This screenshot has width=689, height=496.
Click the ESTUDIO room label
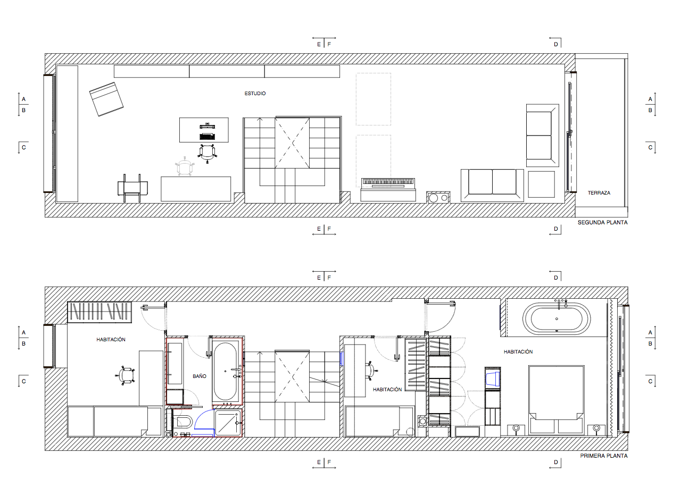[x=255, y=94]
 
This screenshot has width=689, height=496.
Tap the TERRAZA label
[x=599, y=193]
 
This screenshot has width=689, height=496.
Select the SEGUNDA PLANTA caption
[x=603, y=223]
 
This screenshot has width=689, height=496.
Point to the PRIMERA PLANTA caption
[x=604, y=456]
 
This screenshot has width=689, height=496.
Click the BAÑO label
[x=200, y=376]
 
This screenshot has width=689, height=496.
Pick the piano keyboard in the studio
[x=388, y=183]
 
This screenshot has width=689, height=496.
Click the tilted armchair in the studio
[x=106, y=99]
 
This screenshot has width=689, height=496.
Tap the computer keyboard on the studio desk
[x=207, y=137]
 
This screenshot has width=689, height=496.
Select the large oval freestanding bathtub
[x=557, y=319]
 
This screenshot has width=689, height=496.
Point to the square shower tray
[x=228, y=423]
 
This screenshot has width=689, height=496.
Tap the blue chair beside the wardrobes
[x=493, y=379]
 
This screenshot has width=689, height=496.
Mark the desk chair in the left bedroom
[x=125, y=375]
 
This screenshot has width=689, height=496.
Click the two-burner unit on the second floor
[x=438, y=198]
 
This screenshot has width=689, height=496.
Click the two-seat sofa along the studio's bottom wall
[x=492, y=186]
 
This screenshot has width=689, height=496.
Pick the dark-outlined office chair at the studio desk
[x=207, y=153]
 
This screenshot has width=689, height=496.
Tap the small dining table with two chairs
[x=132, y=188]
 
